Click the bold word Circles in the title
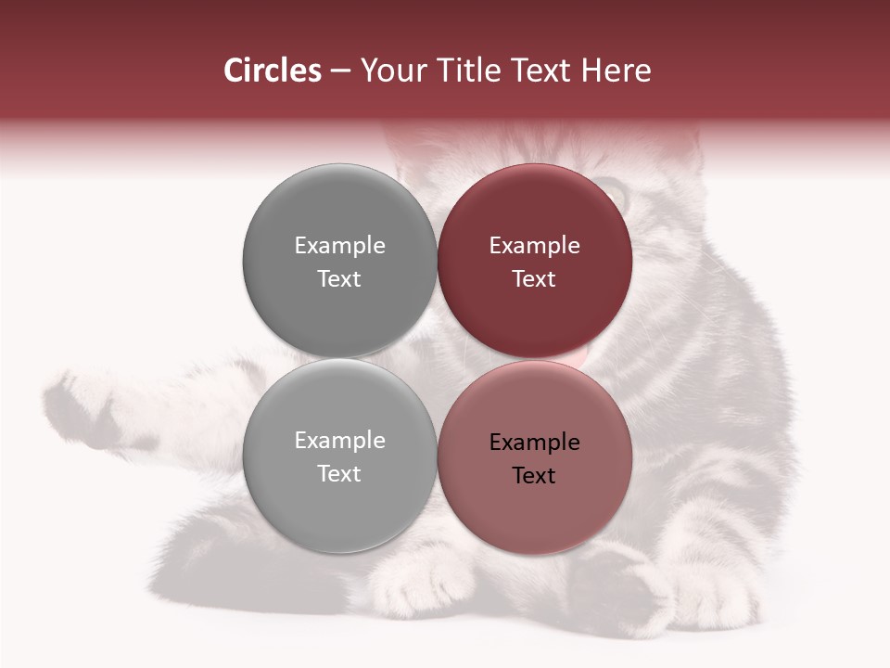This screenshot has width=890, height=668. [273, 71]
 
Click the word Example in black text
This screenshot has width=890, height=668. [534, 443]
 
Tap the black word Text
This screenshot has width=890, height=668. [534, 476]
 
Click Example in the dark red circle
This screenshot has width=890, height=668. [534, 246]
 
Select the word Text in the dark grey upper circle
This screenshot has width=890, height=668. [339, 279]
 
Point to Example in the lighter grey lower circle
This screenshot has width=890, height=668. [339, 441]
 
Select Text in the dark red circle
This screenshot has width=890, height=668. [534, 279]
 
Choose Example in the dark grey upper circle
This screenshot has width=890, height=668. [339, 246]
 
